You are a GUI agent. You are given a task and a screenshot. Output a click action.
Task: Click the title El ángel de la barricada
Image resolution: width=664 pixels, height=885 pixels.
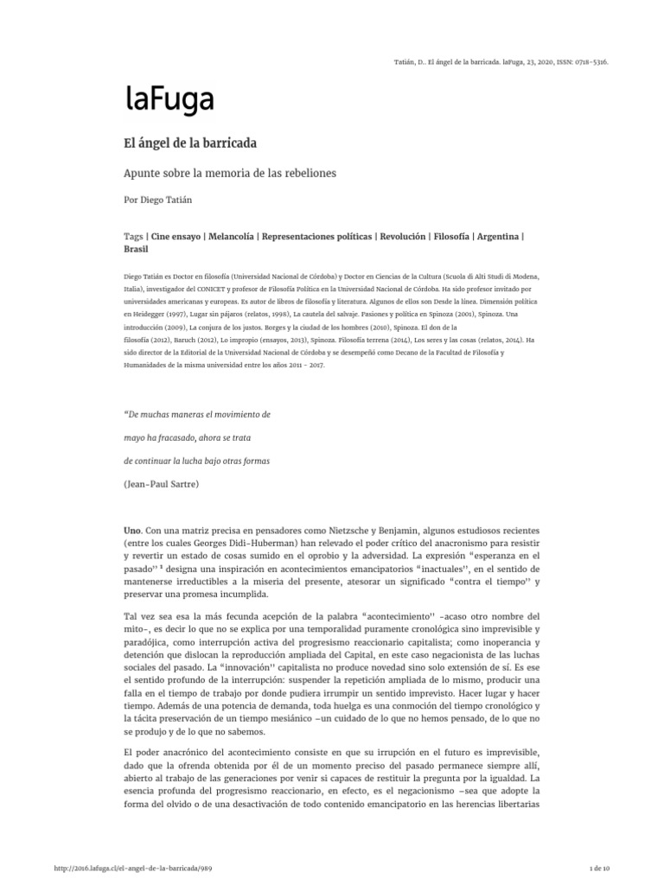pyautogui.click(x=190, y=141)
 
